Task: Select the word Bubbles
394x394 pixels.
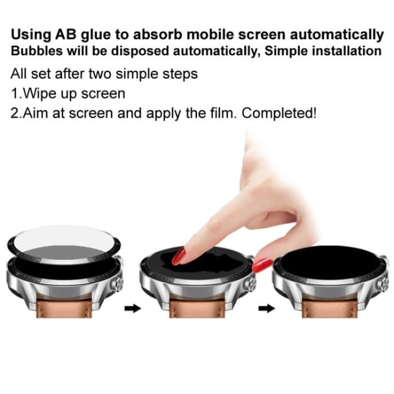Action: [35, 51]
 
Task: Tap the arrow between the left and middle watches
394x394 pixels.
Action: [132, 308]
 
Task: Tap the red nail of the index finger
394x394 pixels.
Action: [179, 256]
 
